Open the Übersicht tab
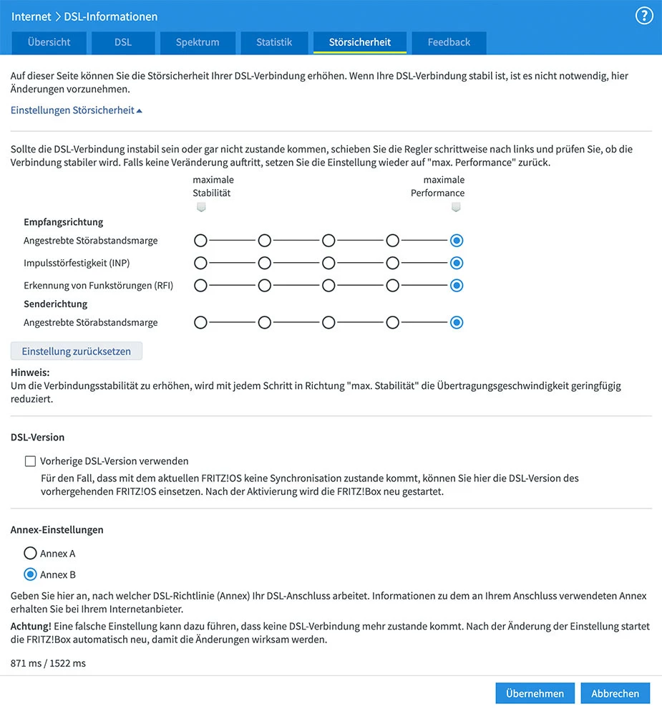(49, 42)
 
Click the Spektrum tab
(198, 42)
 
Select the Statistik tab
(274, 42)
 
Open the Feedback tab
(449, 42)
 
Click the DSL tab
(123, 42)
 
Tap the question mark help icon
(644, 16)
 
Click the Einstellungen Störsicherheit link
(77, 110)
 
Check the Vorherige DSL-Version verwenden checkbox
(30, 461)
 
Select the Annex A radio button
(30, 554)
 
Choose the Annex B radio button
(30, 574)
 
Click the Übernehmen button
(535, 693)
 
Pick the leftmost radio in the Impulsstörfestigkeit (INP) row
(200, 263)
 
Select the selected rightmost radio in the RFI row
(457, 285)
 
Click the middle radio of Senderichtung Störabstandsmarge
(328, 322)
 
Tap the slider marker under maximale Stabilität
(201, 207)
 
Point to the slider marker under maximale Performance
(456, 207)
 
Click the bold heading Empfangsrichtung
(64, 222)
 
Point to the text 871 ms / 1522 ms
(48, 663)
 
